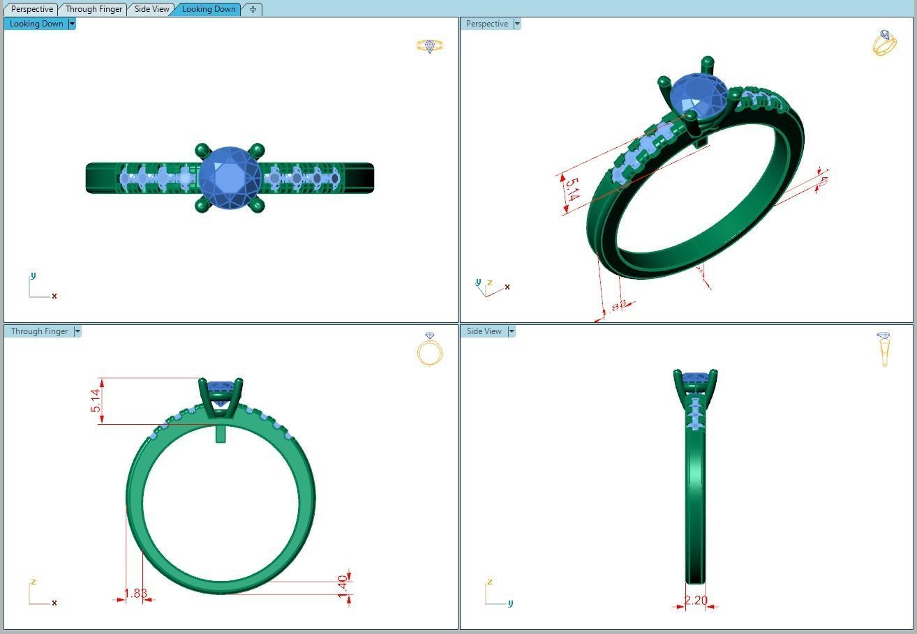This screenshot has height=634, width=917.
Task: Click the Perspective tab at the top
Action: click(32, 9)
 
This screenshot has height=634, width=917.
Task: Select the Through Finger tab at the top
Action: click(94, 9)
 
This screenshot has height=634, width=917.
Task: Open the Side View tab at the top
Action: click(151, 9)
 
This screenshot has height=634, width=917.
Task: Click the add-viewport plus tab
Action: click(253, 9)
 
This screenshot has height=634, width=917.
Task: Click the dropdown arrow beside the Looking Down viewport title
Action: click(72, 24)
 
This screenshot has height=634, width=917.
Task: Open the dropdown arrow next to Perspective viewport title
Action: click(517, 24)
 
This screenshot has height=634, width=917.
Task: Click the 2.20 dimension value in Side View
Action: click(696, 601)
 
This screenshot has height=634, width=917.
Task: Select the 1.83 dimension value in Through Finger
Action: click(135, 594)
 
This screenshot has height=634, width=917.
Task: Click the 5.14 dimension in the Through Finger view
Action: click(96, 400)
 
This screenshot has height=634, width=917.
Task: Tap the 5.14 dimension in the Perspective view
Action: click(572, 190)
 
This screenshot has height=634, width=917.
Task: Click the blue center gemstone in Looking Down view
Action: click(229, 178)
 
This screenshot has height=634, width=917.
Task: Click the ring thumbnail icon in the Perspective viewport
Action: click(884, 43)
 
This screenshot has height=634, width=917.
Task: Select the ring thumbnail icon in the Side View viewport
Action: click(884, 348)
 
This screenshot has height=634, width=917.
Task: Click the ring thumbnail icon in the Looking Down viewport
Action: click(429, 46)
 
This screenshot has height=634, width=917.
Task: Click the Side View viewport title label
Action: click(484, 331)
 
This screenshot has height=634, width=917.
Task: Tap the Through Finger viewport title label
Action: click(39, 331)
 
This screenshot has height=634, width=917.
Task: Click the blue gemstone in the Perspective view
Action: click(698, 94)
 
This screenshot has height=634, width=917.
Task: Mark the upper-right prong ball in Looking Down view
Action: click(257, 149)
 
